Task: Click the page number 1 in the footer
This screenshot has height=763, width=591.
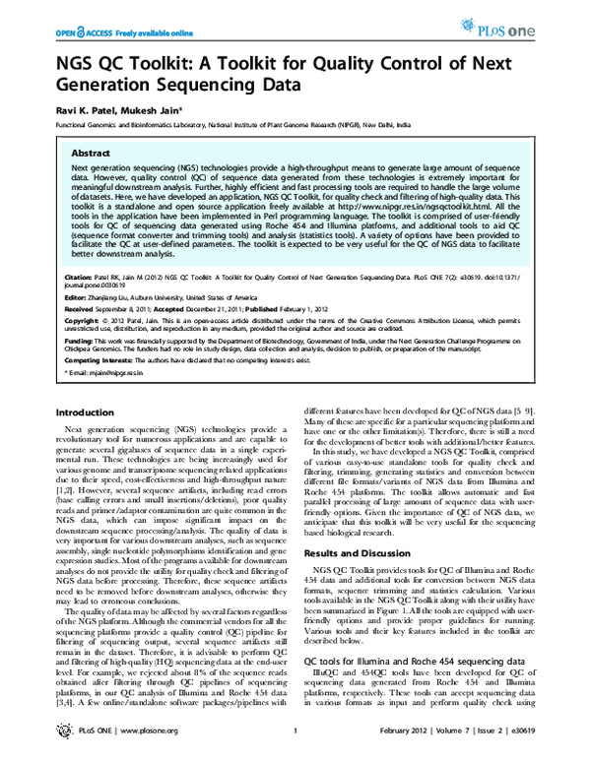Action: tap(295, 753)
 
